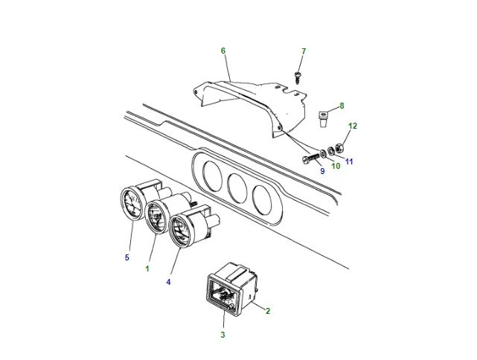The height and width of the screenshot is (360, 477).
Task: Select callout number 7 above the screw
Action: [x=303, y=51]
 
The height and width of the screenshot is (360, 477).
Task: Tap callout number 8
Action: [x=342, y=106]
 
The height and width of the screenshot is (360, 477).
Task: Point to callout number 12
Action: [x=353, y=126]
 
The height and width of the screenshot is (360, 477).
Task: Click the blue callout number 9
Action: [x=322, y=171]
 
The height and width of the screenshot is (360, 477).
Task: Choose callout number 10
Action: [x=336, y=166]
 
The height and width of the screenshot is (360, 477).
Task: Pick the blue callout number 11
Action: [x=349, y=161]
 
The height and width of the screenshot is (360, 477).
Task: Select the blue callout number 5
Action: [x=127, y=258]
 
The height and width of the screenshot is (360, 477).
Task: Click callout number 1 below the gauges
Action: [x=147, y=268]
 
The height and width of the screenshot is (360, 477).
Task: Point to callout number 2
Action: [x=267, y=312]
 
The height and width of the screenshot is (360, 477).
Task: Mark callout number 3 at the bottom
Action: [x=222, y=335]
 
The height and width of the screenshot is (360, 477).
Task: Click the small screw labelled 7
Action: [x=297, y=75]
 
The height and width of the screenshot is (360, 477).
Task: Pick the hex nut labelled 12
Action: [x=338, y=145]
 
